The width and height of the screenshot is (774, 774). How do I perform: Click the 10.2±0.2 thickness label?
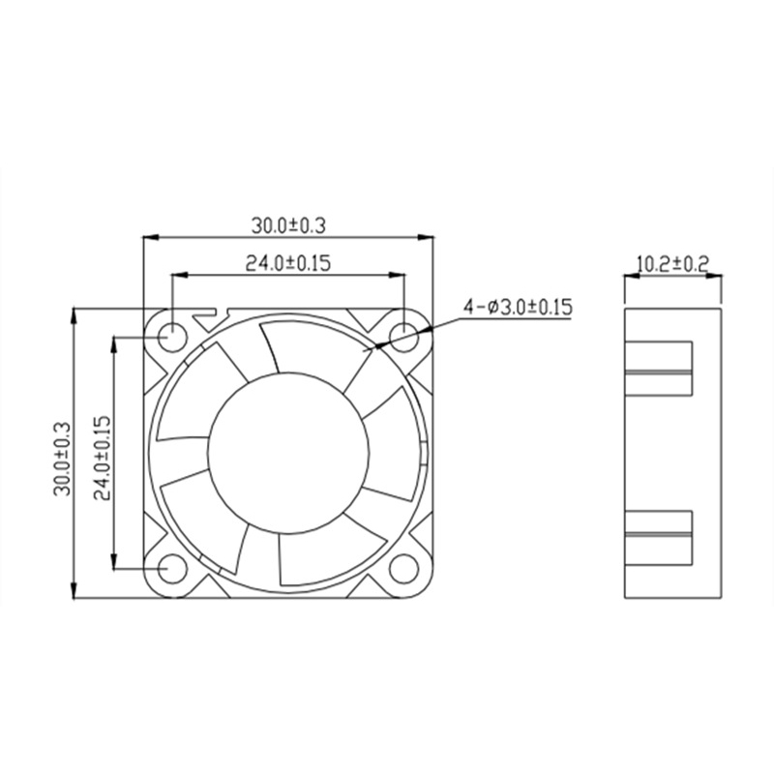tap(673, 263)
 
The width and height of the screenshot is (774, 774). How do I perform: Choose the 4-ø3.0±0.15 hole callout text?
tap(518, 308)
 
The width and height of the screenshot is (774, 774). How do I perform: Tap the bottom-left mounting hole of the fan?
tap(171, 569)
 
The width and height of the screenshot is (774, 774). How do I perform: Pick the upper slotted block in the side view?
tap(659, 370)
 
